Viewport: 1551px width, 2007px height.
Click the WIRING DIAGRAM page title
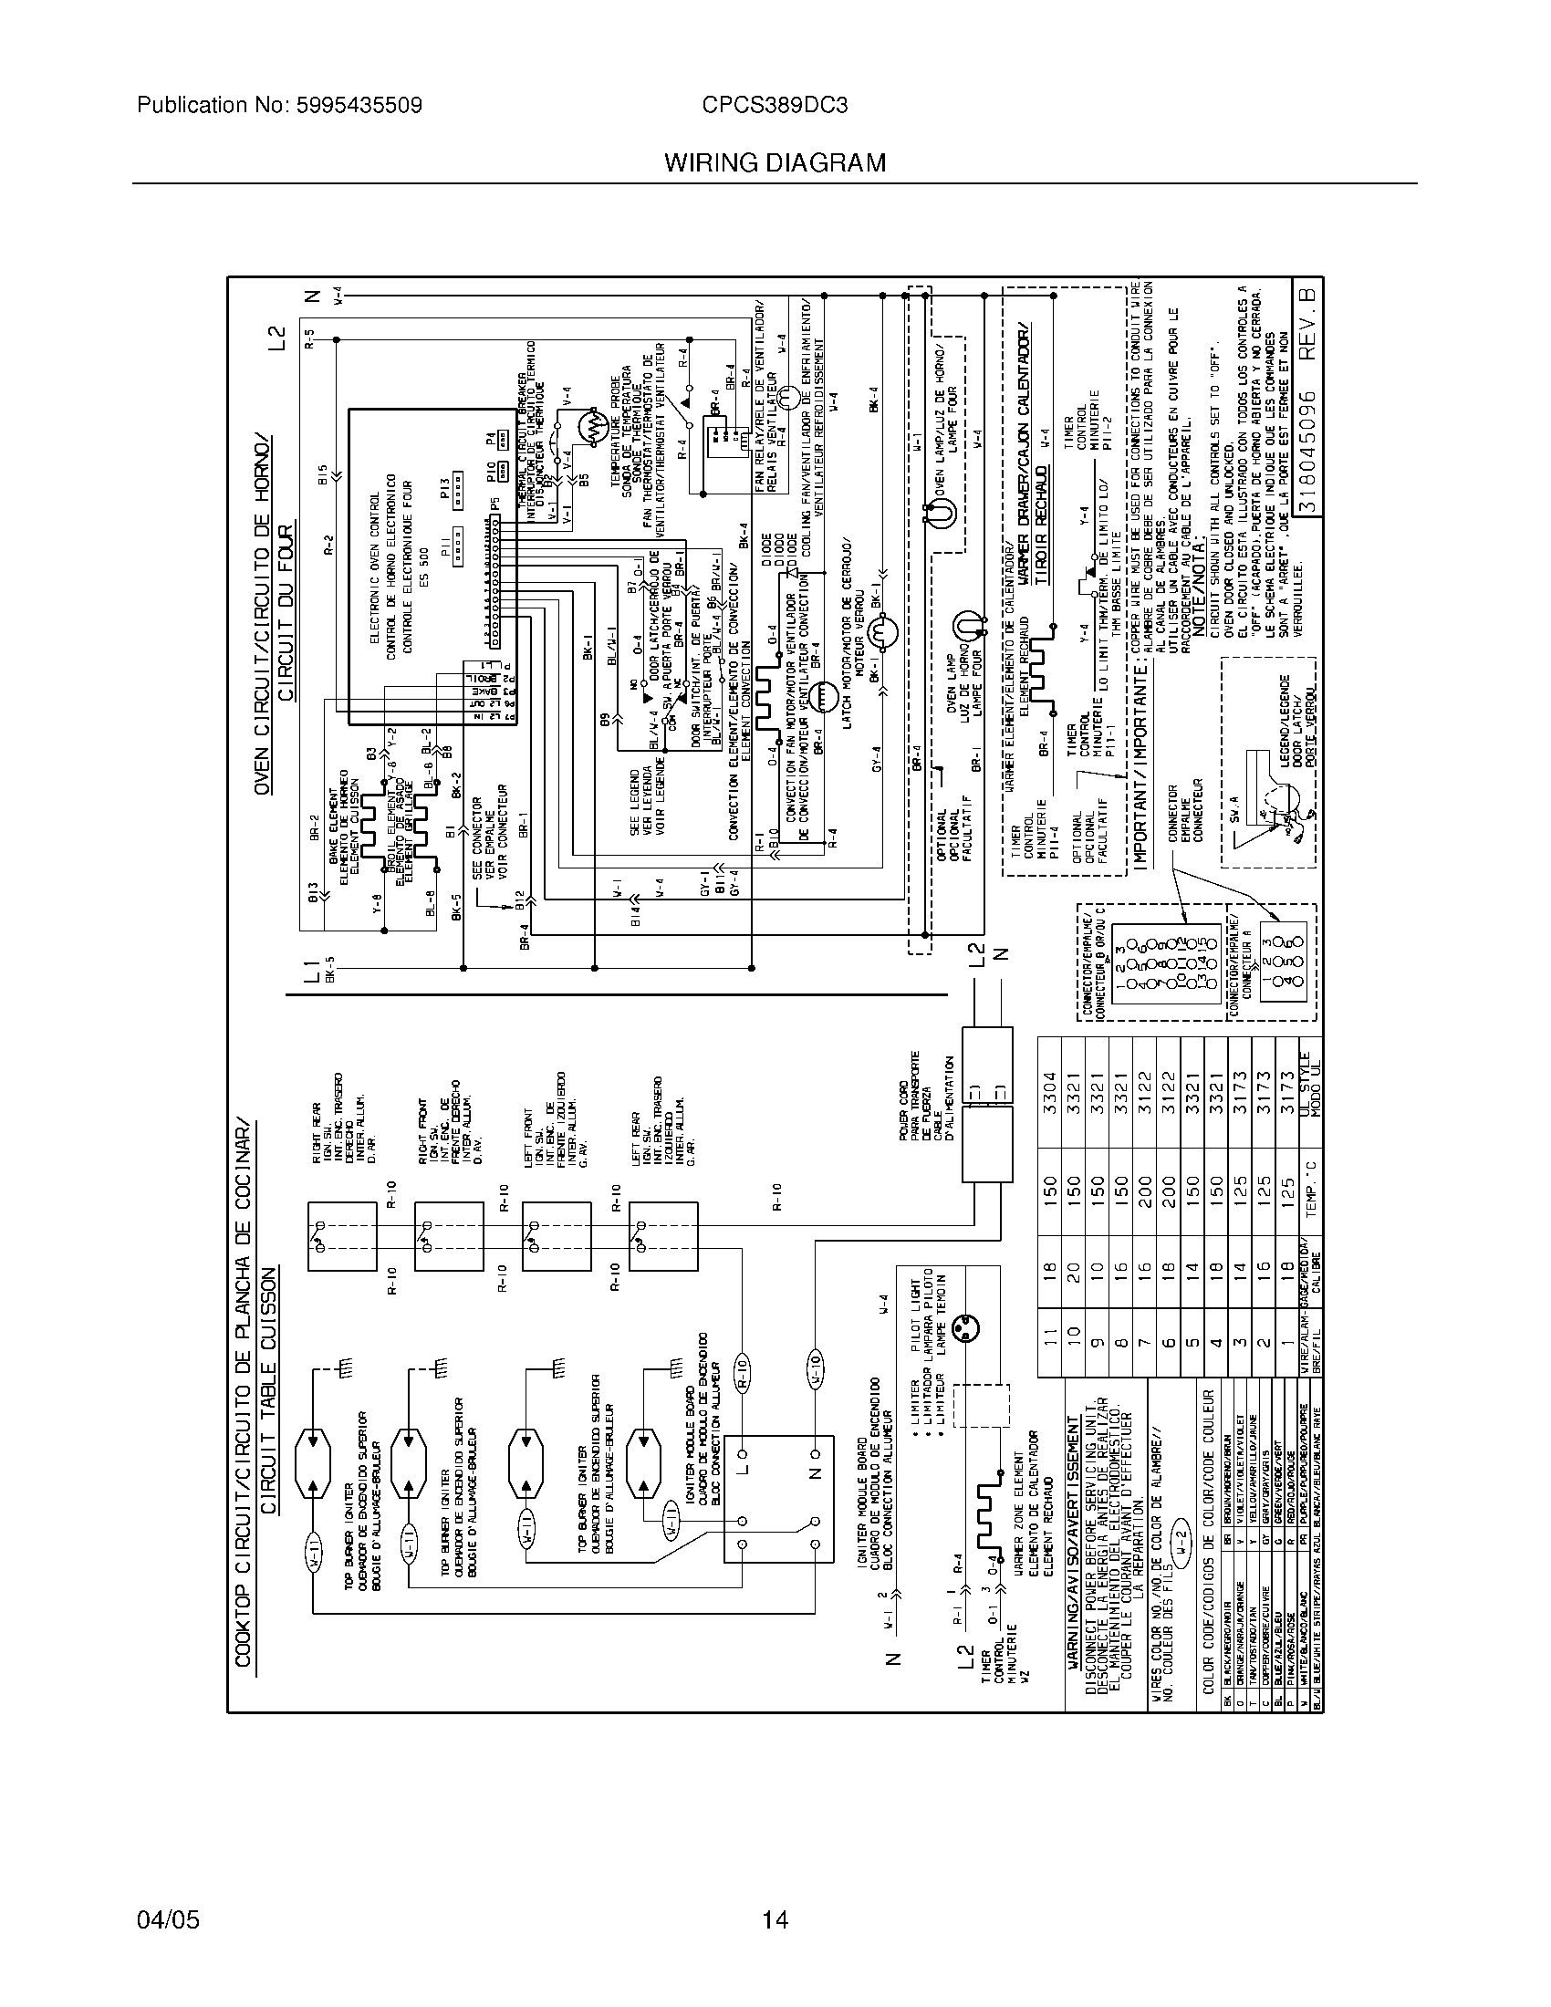coord(775,162)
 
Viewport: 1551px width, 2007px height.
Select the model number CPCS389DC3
coord(774,106)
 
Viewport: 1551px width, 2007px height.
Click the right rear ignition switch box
coord(342,1236)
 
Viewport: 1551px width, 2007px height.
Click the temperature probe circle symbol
coord(594,428)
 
